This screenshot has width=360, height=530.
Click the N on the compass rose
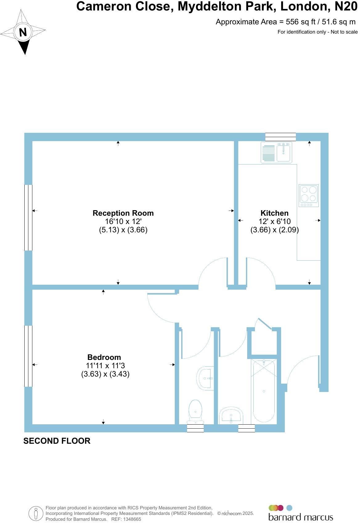(x=23, y=32)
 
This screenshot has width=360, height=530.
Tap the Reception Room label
(x=123, y=213)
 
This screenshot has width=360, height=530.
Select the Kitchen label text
(x=274, y=213)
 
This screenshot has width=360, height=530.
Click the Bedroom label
(x=104, y=357)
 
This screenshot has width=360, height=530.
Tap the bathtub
(x=264, y=391)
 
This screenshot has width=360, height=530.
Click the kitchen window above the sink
(x=280, y=137)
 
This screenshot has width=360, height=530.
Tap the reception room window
(x=28, y=217)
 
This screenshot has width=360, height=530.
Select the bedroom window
(x=28, y=356)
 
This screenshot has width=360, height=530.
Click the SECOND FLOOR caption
(x=57, y=441)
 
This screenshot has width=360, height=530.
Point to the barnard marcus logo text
(x=301, y=517)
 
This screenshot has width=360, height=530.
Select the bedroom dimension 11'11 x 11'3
(x=105, y=366)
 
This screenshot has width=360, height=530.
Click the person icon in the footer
(x=36, y=513)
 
